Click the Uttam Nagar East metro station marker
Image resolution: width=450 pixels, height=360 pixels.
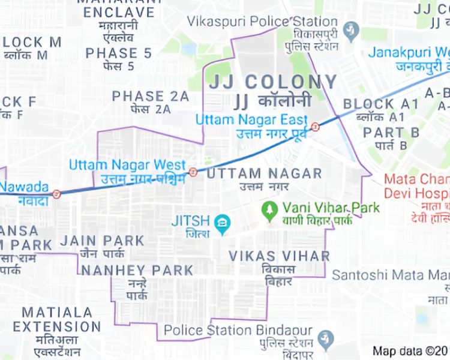tap(314, 126)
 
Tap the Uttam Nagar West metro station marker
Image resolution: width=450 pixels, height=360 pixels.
tap(193, 172)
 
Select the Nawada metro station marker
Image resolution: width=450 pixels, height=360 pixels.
tap(56, 194)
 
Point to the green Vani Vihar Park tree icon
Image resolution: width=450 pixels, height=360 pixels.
tap(269, 209)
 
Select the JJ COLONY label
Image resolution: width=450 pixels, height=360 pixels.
tap(273, 82)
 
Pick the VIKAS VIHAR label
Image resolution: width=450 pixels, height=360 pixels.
tap(279, 256)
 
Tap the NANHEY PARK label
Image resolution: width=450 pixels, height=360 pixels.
tap(137, 271)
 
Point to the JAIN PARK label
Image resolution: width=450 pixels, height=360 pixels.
tap(103, 241)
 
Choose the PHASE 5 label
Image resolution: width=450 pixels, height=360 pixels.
tap(118, 53)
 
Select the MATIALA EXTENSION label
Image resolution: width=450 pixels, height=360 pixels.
tap(57, 320)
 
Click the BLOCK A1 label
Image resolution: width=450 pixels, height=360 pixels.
tap(381, 104)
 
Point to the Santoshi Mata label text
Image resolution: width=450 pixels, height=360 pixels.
tap(390, 275)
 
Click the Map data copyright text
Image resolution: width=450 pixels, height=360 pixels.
tap(411, 351)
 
